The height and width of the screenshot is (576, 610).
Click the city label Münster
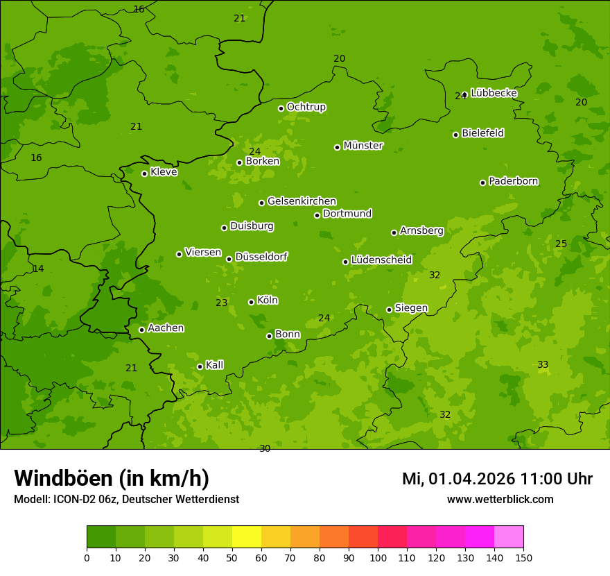click(363, 146)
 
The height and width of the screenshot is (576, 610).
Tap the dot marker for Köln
click(251, 302)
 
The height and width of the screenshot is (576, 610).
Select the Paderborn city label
click(513, 181)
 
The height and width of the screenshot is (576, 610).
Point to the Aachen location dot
click(141, 330)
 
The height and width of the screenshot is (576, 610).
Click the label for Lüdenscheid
click(381, 260)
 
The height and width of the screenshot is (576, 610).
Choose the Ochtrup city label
click(306, 107)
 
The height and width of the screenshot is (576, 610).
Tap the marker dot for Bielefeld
click(455, 135)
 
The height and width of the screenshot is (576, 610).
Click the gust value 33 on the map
click(543, 364)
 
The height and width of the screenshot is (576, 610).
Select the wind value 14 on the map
click(38, 269)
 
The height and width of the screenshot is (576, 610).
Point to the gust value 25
click(561, 244)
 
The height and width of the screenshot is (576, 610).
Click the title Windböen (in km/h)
click(112, 478)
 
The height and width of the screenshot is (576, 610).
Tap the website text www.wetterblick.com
click(500, 499)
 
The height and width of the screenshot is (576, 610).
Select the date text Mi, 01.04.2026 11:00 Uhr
click(497, 479)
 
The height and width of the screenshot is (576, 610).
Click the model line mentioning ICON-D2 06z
click(126, 499)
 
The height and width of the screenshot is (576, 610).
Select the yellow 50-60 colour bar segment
click(247, 536)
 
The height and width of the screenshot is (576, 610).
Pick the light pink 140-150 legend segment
click(509, 536)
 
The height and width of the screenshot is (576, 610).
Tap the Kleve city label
click(164, 171)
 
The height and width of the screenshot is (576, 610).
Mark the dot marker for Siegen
click(389, 310)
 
